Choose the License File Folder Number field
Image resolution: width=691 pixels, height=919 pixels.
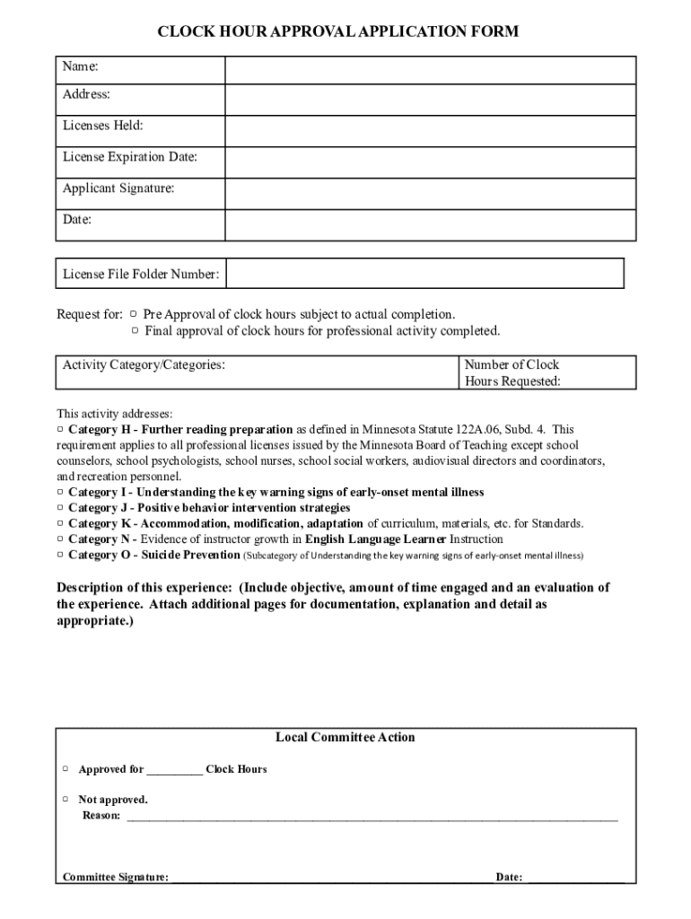point(424,274)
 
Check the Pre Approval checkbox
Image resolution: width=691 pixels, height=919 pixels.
point(133,314)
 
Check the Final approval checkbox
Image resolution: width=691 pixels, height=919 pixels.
point(136,330)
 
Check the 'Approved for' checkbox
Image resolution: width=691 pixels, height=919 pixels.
point(66,769)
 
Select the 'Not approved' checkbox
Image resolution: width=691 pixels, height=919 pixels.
point(66,799)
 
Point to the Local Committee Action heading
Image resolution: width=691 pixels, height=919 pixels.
point(345,738)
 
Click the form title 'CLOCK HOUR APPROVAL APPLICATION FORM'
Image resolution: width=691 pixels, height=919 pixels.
point(338,32)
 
